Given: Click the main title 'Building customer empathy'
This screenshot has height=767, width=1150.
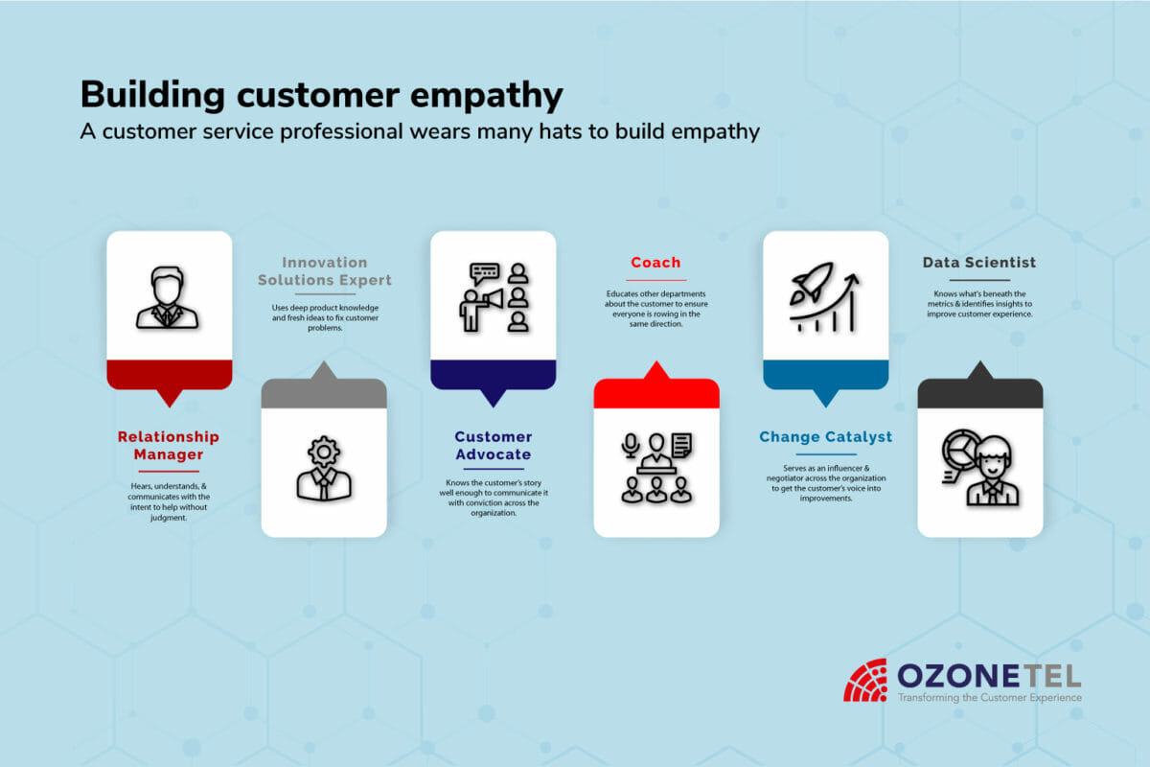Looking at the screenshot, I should pyautogui.click(x=321, y=96).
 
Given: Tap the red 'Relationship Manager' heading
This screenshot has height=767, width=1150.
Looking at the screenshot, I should pyautogui.click(x=169, y=446).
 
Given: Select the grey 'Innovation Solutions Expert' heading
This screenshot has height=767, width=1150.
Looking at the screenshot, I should pyautogui.click(x=325, y=271).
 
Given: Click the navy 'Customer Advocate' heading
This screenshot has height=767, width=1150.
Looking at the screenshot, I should pyautogui.click(x=493, y=446).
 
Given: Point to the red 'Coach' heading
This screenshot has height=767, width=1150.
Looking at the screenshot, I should pyautogui.click(x=655, y=263).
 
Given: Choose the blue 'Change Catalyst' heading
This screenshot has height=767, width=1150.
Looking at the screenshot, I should pyautogui.click(x=825, y=437).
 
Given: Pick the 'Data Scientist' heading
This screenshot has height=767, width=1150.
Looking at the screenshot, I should pyautogui.click(x=979, y=263).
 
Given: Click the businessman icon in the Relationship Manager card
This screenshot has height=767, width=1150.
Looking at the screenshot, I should pyautogui.click(x=168, y=298).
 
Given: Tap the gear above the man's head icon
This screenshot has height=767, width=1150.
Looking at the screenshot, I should pyautogui.click(x=325, y=450).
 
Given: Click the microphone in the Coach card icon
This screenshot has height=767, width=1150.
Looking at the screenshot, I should pyautogui.click(x=630, y=445).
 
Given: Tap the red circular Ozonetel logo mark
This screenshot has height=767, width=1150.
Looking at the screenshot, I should pyautogui.click(x=864, y=680).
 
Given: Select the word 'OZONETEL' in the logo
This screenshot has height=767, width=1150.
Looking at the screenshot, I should pyautogui.click(x=988, y=675).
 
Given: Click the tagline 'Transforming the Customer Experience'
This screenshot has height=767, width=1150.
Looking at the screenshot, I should pyautogui.click(x=988, y=698).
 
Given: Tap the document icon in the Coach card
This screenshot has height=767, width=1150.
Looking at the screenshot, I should pyautogui.click(x=681, y=445).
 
